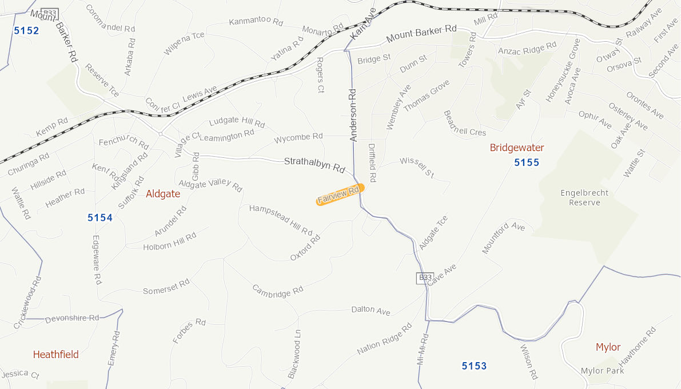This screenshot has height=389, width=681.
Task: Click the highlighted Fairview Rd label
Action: coord(340,194)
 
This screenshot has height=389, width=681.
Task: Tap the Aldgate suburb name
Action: coord(163,194)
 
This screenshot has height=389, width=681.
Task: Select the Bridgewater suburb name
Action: coord(517,148)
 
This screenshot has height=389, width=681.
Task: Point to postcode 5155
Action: coord(527,162)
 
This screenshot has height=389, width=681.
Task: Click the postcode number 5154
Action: coord(100,217)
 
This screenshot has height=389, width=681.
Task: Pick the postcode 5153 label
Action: coord(474,366)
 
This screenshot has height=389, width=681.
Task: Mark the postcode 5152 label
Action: coord(26,30)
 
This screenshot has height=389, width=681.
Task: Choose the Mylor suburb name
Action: coord(608,347)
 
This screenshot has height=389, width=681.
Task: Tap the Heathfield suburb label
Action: coord(56,354)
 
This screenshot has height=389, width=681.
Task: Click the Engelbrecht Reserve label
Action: coord(584,197)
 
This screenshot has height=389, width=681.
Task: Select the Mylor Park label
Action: coord(602,371)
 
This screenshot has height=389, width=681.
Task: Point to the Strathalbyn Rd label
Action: coord(314,165)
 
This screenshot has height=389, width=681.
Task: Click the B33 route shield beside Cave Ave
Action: coord(423,277)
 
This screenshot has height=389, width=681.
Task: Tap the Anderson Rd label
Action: coord(353,115)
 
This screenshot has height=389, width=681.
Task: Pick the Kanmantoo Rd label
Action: coord(256,22)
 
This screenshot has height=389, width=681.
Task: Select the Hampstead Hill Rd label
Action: coord(281,220)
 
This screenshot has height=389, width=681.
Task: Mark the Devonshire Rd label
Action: coord(72,317)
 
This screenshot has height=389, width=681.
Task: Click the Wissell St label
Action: coord(417,167)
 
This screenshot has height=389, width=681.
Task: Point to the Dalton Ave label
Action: coord(371,310)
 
